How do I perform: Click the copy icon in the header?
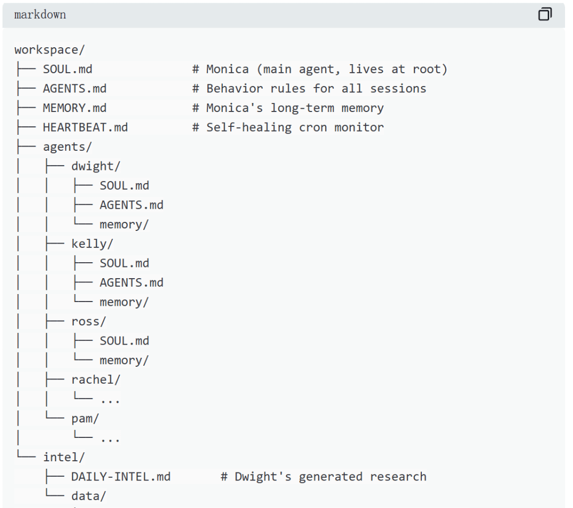point(545,14)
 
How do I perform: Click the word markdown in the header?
point(40,15)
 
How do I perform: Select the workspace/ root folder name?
point(50,50)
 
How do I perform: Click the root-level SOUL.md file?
point(68,69)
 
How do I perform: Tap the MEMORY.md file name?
point(75,108)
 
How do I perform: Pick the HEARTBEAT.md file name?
point(85,127)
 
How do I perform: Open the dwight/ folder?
point(96,166)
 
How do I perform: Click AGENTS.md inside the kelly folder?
point(132,282)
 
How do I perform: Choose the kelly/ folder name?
point(93,244)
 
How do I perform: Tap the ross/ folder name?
point(89,321)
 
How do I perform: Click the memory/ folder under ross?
point(124,360)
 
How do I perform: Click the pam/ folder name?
point(85,418)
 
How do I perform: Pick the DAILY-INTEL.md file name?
point(121,477)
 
